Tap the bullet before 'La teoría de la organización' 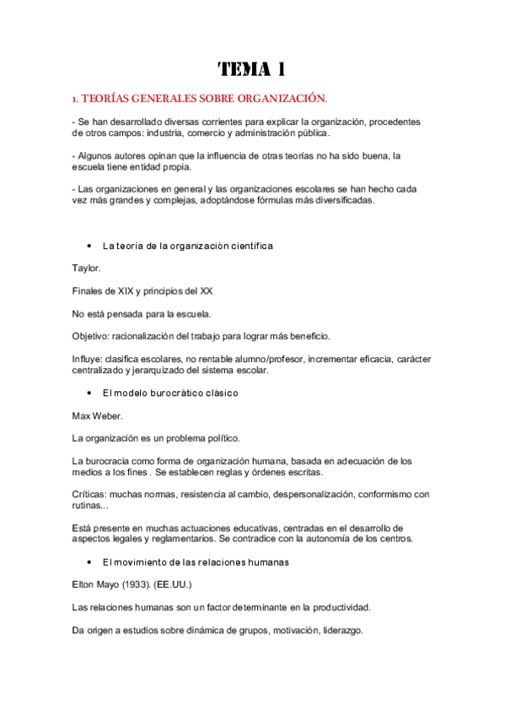pos(89,246)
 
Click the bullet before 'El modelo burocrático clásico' pos(89,393)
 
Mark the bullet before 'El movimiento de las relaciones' pos(89,561)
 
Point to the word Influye pos(91,359)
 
